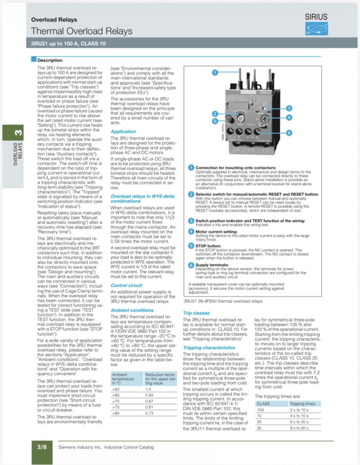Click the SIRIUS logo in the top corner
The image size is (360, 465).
tap(316, 24)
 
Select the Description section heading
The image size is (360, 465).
tap(49, 60)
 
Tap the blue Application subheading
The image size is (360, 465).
tap(123, 131)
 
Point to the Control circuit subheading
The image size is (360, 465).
tap(126, 285)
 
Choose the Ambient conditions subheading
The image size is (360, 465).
tap(132, 310)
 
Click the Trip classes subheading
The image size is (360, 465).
tap(196, 313)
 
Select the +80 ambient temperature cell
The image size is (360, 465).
tap(116, 413)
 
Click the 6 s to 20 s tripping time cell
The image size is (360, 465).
tap(299, 422)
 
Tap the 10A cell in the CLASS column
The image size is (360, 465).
tap(261, 410)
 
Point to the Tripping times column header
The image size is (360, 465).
tap(302, 404)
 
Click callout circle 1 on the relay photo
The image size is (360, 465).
tap(215, 72)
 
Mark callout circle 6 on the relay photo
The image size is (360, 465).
tap(289, 133)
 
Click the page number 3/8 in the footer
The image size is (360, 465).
tap(42, 447)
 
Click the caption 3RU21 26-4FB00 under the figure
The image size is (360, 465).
tap(223, 301)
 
